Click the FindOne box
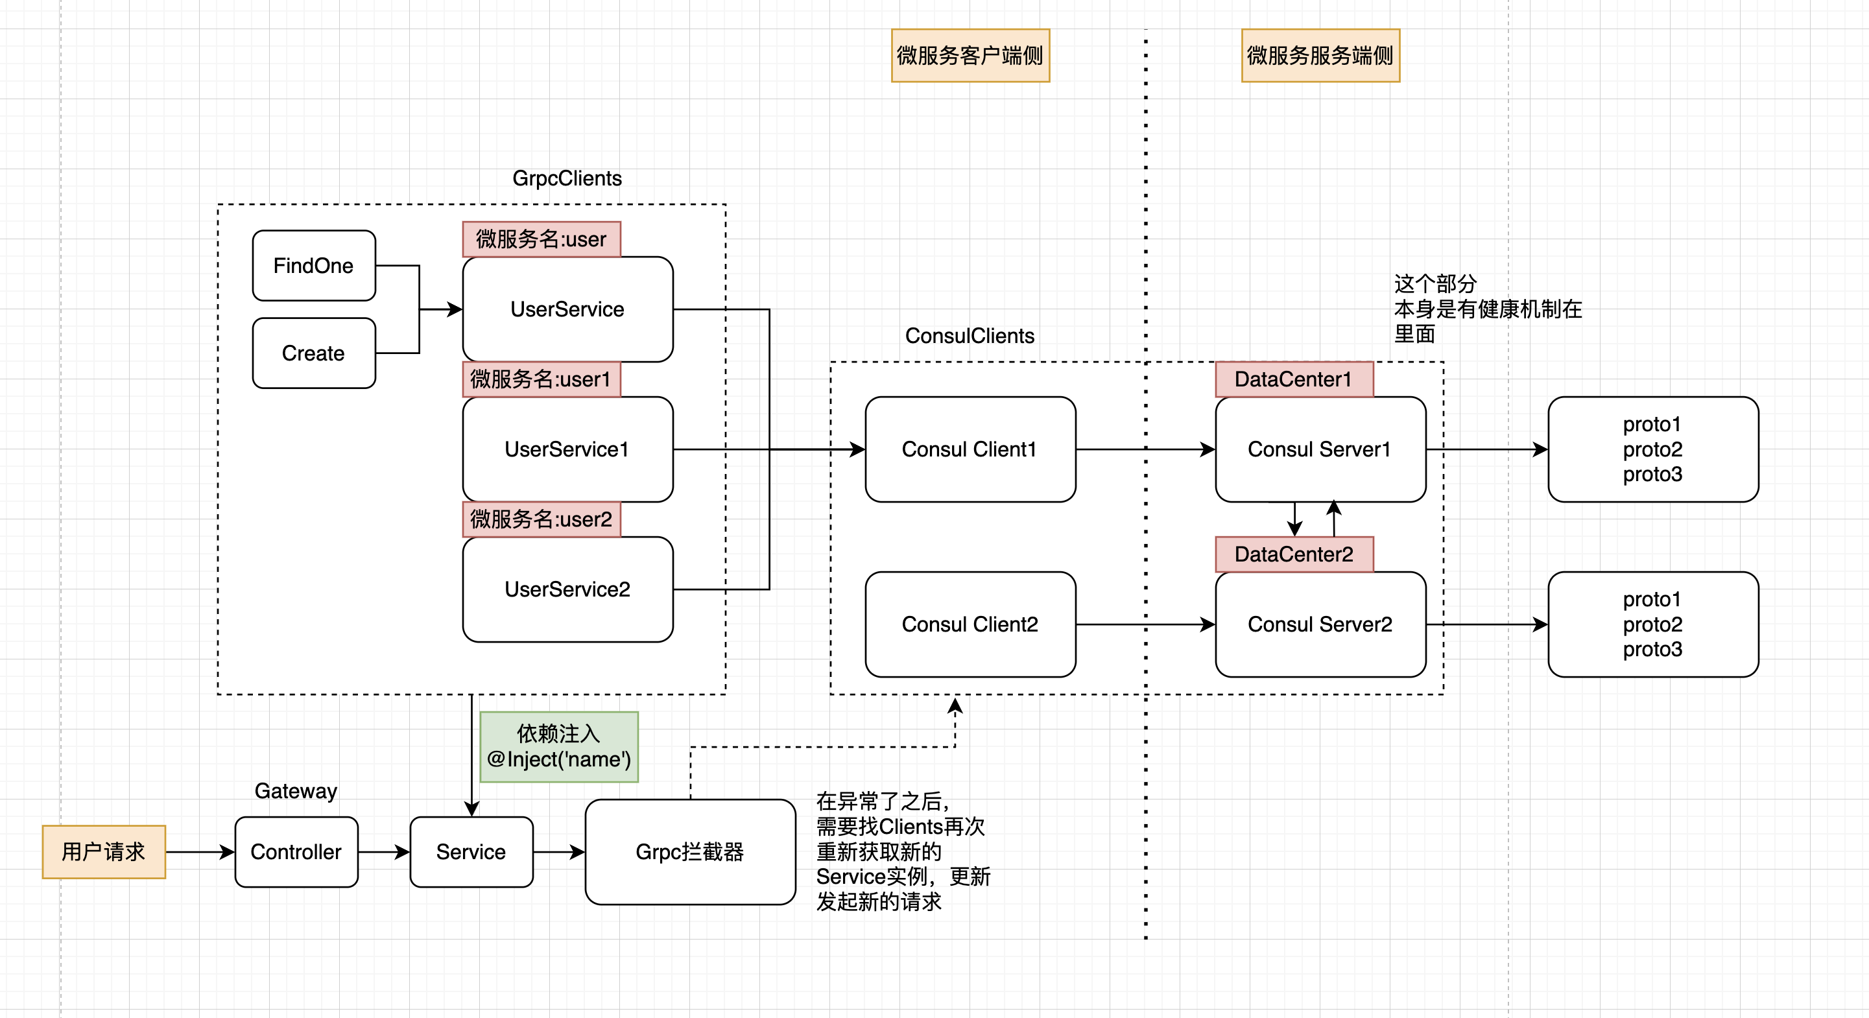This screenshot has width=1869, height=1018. click(x=313, y=266)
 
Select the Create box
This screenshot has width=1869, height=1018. click(x=313, y=353)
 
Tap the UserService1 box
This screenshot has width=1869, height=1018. click(x=567, y=449)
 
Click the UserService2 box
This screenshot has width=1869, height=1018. click(x=567, y=589)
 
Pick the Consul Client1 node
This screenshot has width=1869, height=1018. click(x=970, y=449)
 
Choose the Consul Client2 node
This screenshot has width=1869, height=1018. click(x=970, y=624)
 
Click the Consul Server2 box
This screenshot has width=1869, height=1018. click(x=1320, y=624)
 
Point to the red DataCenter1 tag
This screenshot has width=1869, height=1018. click(x=1294, y=379)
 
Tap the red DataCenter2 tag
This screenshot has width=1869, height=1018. click(x=1294, y=554)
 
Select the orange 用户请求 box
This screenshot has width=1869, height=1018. click(x=104, y=852)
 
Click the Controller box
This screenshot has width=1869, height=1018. click(x=296, y=852)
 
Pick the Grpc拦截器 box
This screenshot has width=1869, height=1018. click(x=690, y=852)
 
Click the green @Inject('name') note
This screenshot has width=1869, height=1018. click(x=558, y=746)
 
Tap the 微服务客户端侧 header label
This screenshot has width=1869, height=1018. click(x=970, y=55)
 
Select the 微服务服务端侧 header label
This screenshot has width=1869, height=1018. click(x=1320, y=55)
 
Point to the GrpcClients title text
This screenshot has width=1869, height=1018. click(x=567, y=178)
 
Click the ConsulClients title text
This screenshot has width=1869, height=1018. click(x=970, y=336)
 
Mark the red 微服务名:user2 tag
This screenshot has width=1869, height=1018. click(x=542, y=519)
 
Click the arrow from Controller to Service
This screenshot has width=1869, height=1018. click(x=384, y=852)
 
